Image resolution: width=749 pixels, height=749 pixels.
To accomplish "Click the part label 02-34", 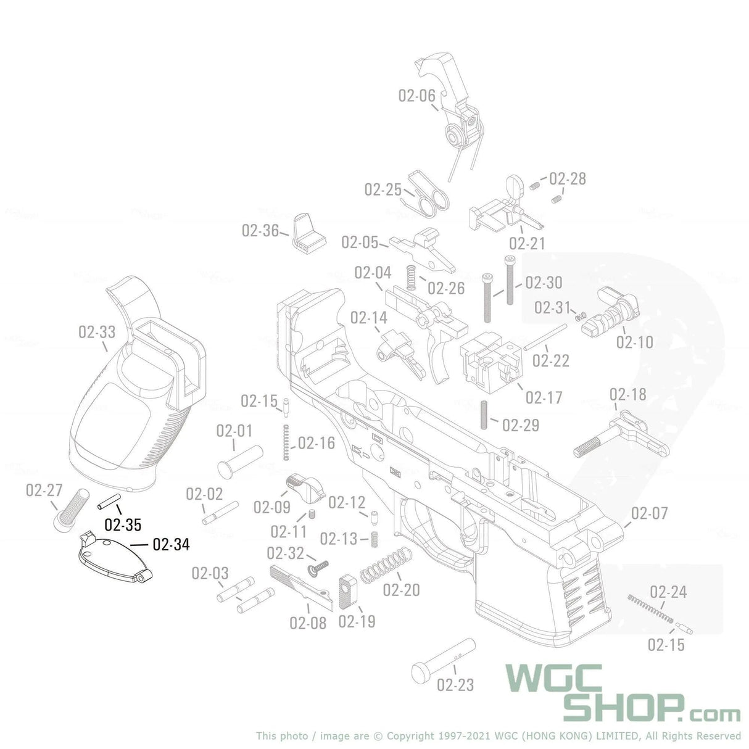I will [x=171, y=544].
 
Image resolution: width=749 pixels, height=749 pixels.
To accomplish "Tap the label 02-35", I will [x=123, y=525].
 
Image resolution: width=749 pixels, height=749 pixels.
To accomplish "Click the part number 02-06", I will [x=416, y=96].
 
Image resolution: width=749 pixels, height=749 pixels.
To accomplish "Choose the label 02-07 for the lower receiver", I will [x=649, y=513].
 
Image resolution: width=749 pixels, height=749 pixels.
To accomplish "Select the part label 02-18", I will [x=628, y=394].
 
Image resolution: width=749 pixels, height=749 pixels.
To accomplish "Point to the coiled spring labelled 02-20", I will [x=386, y=564].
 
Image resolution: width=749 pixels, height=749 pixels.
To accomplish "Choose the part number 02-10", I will [x=634, y=342].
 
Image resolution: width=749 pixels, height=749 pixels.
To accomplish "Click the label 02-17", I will [x=544, y=397].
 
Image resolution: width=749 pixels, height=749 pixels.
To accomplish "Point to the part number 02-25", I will [x=383, y=189].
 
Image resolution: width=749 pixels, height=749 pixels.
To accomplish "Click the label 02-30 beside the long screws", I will [x=544, y=283].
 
